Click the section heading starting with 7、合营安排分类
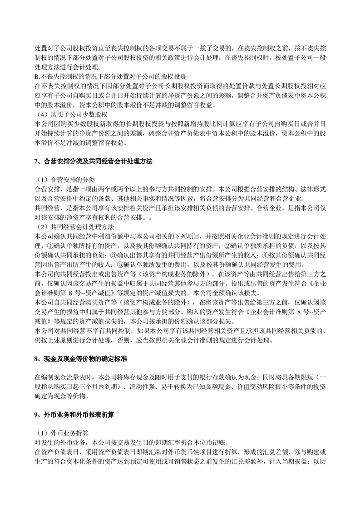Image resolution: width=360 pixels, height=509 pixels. [x=93, y=162]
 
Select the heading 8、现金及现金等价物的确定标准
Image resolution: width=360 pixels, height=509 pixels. [x=81, y=359]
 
